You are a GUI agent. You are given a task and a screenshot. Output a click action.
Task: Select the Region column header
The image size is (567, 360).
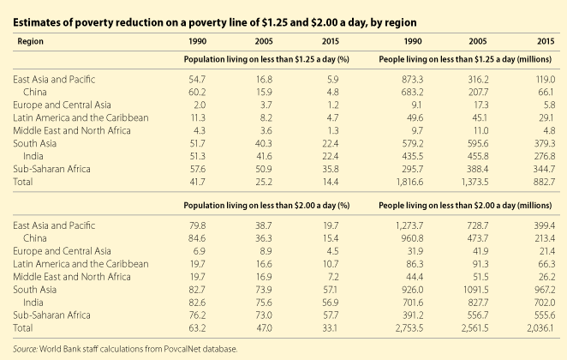(x=30, y=39)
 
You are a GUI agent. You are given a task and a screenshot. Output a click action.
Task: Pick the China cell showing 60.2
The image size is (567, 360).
(x=195, y=90)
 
